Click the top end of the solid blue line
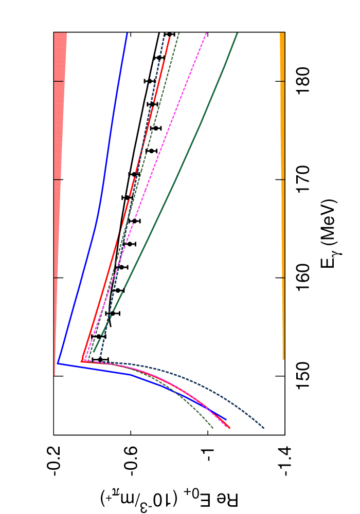click(x=127, y=33)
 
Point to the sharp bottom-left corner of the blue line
click(x=57, y=363)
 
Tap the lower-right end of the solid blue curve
click(x=226, y=420)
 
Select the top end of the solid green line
click(x=237, y=33)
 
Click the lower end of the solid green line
click(x=94, y=352)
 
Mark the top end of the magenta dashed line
click(x=206, y=33)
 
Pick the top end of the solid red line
click(x=169, y=37)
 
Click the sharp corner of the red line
click(x=82, y=361)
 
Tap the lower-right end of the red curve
click(x=229, y=428)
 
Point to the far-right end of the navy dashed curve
click(x=265, y=429)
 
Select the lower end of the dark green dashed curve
click(x=213, y=429)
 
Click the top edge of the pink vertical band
click(x=60, y=33)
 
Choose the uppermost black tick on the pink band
click(x=59, y=81)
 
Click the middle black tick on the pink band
click(x=57, y=179)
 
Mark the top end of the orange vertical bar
click(x=282, y=33)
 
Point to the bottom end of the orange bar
click(x=283, y=359)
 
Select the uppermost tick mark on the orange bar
click(x=282, y=81)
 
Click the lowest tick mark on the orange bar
click(x=283, y=278)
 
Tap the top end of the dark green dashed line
click(x=179, y=33)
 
